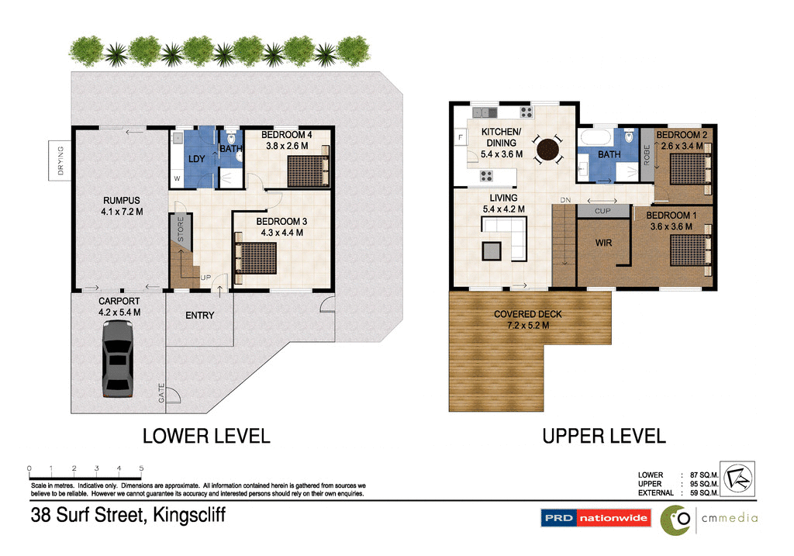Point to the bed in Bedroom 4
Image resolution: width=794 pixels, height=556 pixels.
pos(308,171)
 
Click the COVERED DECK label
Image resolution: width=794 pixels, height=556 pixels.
pos(528,319)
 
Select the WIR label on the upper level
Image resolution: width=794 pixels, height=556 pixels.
pos(603,243)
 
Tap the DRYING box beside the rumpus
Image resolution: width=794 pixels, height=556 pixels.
pos(60,160)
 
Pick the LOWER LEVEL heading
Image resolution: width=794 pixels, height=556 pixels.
pos(206,437)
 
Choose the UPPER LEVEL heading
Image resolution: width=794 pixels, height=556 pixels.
pos(603,437)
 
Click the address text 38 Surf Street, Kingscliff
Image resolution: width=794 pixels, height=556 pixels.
pos(128,515)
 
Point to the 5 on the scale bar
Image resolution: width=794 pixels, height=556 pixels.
pos(141,468)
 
